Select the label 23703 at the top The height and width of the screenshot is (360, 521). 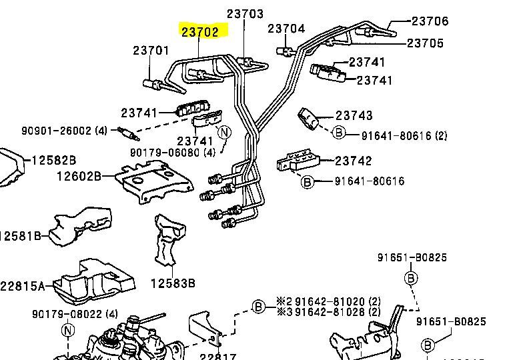(245, 13)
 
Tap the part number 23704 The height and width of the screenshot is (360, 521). (286, 29)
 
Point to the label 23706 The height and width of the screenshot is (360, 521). (430, 21)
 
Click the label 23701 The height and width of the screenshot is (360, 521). (151, 51)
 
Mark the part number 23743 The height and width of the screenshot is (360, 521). (354, 116)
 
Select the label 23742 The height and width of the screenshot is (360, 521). (354, 161)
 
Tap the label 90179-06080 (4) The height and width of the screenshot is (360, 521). (163, 153)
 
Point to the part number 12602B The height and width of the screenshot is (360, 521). (79, 177)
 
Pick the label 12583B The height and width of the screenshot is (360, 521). (173, 283)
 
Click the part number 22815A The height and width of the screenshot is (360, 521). (23, 286)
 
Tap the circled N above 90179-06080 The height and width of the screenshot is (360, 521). (224, 133)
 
